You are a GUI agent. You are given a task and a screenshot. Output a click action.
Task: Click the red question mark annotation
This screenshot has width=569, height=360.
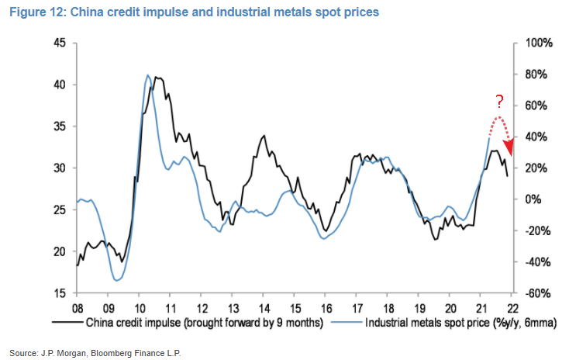click(500, 102)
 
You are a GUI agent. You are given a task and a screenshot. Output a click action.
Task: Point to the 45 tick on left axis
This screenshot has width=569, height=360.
click(60, 43)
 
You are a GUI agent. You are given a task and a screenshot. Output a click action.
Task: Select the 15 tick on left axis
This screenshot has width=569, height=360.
click(60, 293)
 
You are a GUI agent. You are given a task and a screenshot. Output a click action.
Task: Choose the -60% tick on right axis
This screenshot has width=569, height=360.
click(536, 293)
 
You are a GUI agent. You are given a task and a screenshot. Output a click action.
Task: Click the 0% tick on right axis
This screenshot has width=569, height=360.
click(533, 199)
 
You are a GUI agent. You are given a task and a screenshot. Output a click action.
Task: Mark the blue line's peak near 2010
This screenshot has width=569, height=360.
click(147, 75)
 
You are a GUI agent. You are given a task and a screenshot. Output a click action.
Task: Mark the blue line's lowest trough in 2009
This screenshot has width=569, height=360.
click(117, 280)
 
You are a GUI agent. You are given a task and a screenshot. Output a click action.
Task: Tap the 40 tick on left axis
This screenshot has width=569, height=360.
click(60, 85)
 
